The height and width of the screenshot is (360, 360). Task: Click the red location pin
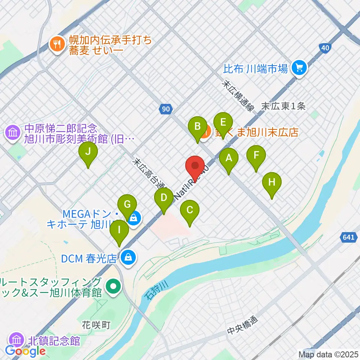(x=195, y=166)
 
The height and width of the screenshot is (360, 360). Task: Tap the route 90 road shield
(x=166, y=109)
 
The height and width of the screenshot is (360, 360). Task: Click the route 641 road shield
(x=348, y=237)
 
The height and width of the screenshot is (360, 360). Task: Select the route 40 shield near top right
(x=325, y=48)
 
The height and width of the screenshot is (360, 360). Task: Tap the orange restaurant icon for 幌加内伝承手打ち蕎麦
(x=57, y=45)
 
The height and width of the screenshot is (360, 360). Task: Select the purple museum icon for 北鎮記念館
(x=17, y=340)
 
